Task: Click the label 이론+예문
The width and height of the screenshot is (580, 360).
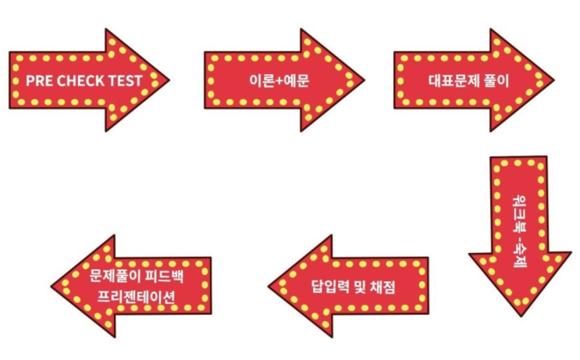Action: pos(279,80)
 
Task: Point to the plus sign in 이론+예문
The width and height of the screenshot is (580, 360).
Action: pos(279,80)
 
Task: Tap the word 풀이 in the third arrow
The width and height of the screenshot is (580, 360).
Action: pos(497,80)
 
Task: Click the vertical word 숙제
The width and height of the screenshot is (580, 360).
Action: pos(519,255)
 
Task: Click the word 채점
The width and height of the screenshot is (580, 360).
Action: pos(383,287)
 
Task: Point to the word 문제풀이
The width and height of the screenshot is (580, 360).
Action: pos(114,276)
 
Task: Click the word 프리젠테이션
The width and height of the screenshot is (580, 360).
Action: pos(136,297)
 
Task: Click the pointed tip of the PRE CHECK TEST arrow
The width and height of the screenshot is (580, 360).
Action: pos(169,80)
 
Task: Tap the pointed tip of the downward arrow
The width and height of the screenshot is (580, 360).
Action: pos(521,316)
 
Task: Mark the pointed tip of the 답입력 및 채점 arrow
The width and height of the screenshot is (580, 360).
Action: pos(269,287)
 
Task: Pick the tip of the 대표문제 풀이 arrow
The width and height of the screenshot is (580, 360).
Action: pos(553,80)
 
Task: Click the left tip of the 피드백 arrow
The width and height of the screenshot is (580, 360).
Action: pos(52,287)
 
